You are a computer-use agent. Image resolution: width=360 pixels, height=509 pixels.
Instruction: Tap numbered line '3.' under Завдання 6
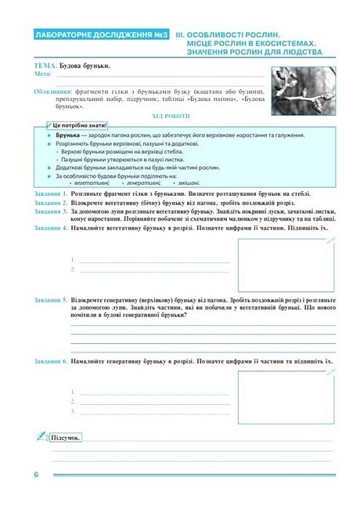74,410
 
